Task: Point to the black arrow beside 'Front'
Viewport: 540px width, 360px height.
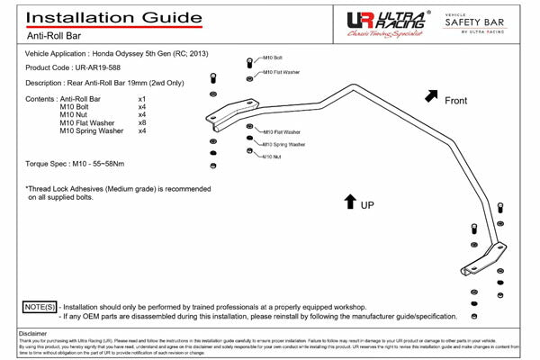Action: pyautogui.click(x=432, y=94)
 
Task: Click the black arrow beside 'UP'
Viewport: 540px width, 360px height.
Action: pyautogui.click(x=349, y=202)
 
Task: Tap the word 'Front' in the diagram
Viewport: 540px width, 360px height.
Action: pyautogui.click(x=456, y=101)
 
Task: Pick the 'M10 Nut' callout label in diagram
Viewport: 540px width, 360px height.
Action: pyautogui.click(x=272, y=157)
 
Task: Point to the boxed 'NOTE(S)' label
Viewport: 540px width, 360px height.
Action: pyautogui.click(x=38, y=307)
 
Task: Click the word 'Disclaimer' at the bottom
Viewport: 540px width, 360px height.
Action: pyautogui.click(x=32, y=333)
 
